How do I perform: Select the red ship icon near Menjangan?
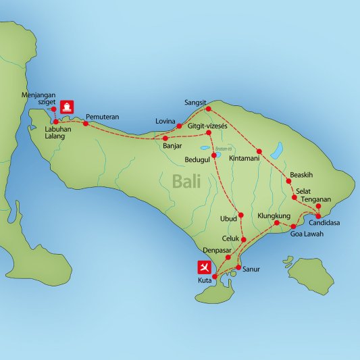coord(68,106)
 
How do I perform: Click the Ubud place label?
coord(229,218)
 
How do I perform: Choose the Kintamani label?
coord(245,158)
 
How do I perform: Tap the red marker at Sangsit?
coord(209,109)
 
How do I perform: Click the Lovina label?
coord(165,120)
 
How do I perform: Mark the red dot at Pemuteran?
coord(86,124)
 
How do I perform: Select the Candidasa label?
coord(324,222)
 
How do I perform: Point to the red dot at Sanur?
coord(238,267)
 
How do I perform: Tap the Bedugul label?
coord(198,160)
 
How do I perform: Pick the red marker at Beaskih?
coord(288,181)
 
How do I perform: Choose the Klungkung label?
coord(274,215)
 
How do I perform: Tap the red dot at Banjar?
coord(165,138)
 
